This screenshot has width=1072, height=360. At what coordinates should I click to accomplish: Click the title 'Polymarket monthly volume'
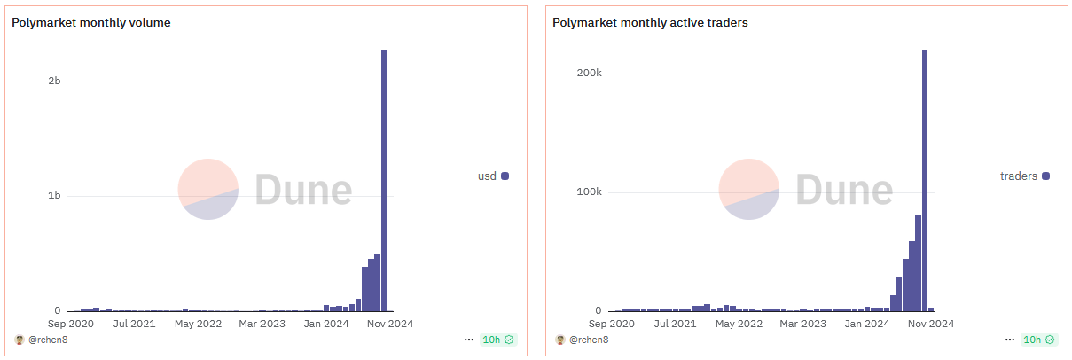91,22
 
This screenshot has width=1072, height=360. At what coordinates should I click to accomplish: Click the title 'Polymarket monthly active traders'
650,22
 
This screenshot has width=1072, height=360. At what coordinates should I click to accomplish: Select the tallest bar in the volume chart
384,181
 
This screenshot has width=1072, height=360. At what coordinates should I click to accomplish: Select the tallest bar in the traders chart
925,181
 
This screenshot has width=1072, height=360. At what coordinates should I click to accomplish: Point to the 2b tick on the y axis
54,81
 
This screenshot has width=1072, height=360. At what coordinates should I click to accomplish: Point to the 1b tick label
54,195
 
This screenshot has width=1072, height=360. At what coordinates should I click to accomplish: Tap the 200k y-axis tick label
589,73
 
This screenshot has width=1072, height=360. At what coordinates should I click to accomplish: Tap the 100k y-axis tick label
589,192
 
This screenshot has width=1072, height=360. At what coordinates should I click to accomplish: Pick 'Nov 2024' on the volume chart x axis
390,324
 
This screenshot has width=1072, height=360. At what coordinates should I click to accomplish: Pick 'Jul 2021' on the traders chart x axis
676,324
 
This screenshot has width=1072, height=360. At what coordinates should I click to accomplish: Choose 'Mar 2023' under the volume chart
262,324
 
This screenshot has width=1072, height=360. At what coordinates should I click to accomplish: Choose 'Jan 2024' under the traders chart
866,324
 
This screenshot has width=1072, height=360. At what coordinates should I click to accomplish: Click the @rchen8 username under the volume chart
48,340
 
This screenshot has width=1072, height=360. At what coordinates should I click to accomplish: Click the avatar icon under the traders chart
559,340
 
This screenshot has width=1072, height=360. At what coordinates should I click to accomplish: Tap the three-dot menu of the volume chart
468,340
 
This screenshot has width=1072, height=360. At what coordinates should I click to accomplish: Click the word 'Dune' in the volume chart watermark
304,190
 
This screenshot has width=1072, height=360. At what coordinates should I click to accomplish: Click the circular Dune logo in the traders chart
749,189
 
